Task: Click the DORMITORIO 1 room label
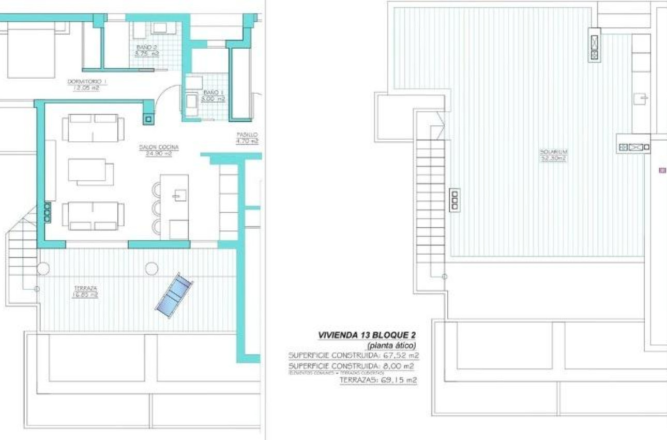(x=87, y=81)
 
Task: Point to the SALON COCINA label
(x=159, y=147)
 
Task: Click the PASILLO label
(x=247, y=134)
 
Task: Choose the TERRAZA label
(x=85, y=288)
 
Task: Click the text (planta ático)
(x=391, y=345)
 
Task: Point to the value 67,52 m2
(x=401, y=356)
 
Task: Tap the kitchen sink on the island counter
(x=180, y=195)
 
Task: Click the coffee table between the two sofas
(x=92, y=171)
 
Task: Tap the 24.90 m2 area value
(x=159, y=153)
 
